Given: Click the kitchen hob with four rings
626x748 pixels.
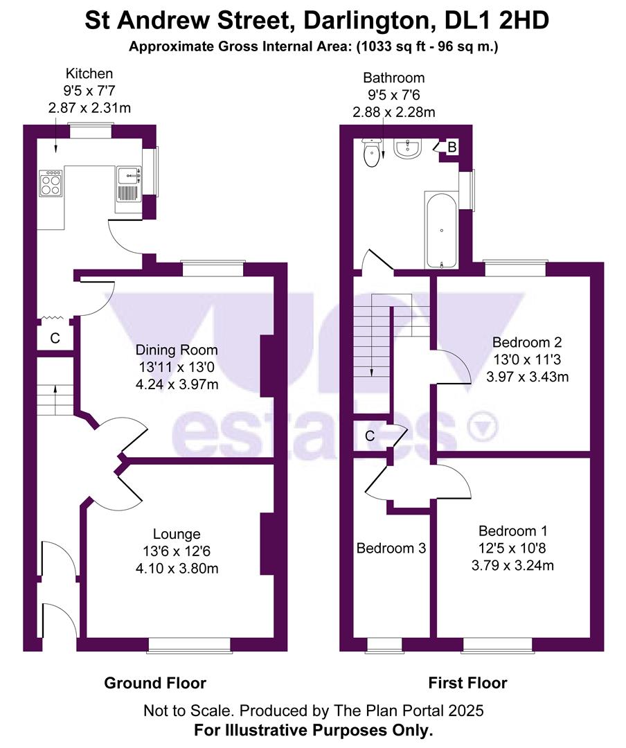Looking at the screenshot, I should pos(52,183).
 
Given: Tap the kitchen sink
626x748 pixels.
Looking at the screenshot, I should pos(129,183).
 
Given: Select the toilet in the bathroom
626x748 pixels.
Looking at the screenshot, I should pos(373,154).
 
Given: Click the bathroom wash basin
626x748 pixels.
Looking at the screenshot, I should pos(408,148).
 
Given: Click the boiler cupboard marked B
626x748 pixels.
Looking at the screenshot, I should pos(451,148).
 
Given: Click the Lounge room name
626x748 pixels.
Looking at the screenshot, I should pos(177,534).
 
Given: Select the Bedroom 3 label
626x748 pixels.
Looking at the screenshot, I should pos(391,549).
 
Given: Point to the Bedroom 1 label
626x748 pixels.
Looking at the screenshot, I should pos(512,531).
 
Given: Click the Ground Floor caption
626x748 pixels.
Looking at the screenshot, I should pos(155,683).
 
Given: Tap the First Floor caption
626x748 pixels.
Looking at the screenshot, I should pos(467,683).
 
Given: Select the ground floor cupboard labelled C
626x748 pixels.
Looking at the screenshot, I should pos(55,339).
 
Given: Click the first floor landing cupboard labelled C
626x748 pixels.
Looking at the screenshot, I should pos(370,436).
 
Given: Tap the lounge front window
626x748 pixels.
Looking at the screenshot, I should pos(188,645).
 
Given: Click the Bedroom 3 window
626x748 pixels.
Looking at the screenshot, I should pos(384,645).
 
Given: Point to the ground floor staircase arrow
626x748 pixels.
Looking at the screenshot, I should pos(54,397).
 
